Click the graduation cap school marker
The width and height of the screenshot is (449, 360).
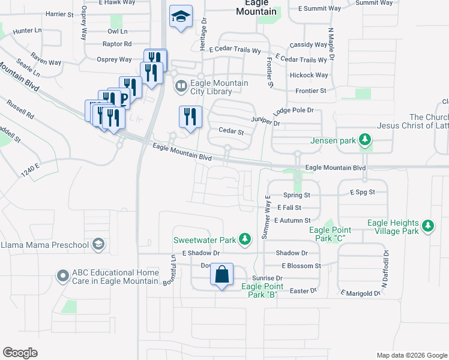(x=180, y=17)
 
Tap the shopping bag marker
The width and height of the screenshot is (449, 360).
(x=221, y=275)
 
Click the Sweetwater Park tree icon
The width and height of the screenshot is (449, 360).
(x=244, y=239)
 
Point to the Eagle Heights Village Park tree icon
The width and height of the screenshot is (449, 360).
(x=427, y=226)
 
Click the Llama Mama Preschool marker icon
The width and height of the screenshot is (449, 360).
(x=98, y=244)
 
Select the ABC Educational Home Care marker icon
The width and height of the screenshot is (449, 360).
(x=62, y=277)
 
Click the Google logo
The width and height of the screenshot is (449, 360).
(x=20, y=353)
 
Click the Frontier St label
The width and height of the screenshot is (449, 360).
(x=310, y=91)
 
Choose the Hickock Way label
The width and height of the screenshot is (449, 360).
(x=309, y=75)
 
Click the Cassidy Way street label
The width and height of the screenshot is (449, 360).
(x=309, y=45)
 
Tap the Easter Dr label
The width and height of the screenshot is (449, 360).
(x=303, y=290)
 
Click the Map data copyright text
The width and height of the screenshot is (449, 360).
(x=412, y=355)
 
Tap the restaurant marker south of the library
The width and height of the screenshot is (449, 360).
(x=190, y=118)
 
